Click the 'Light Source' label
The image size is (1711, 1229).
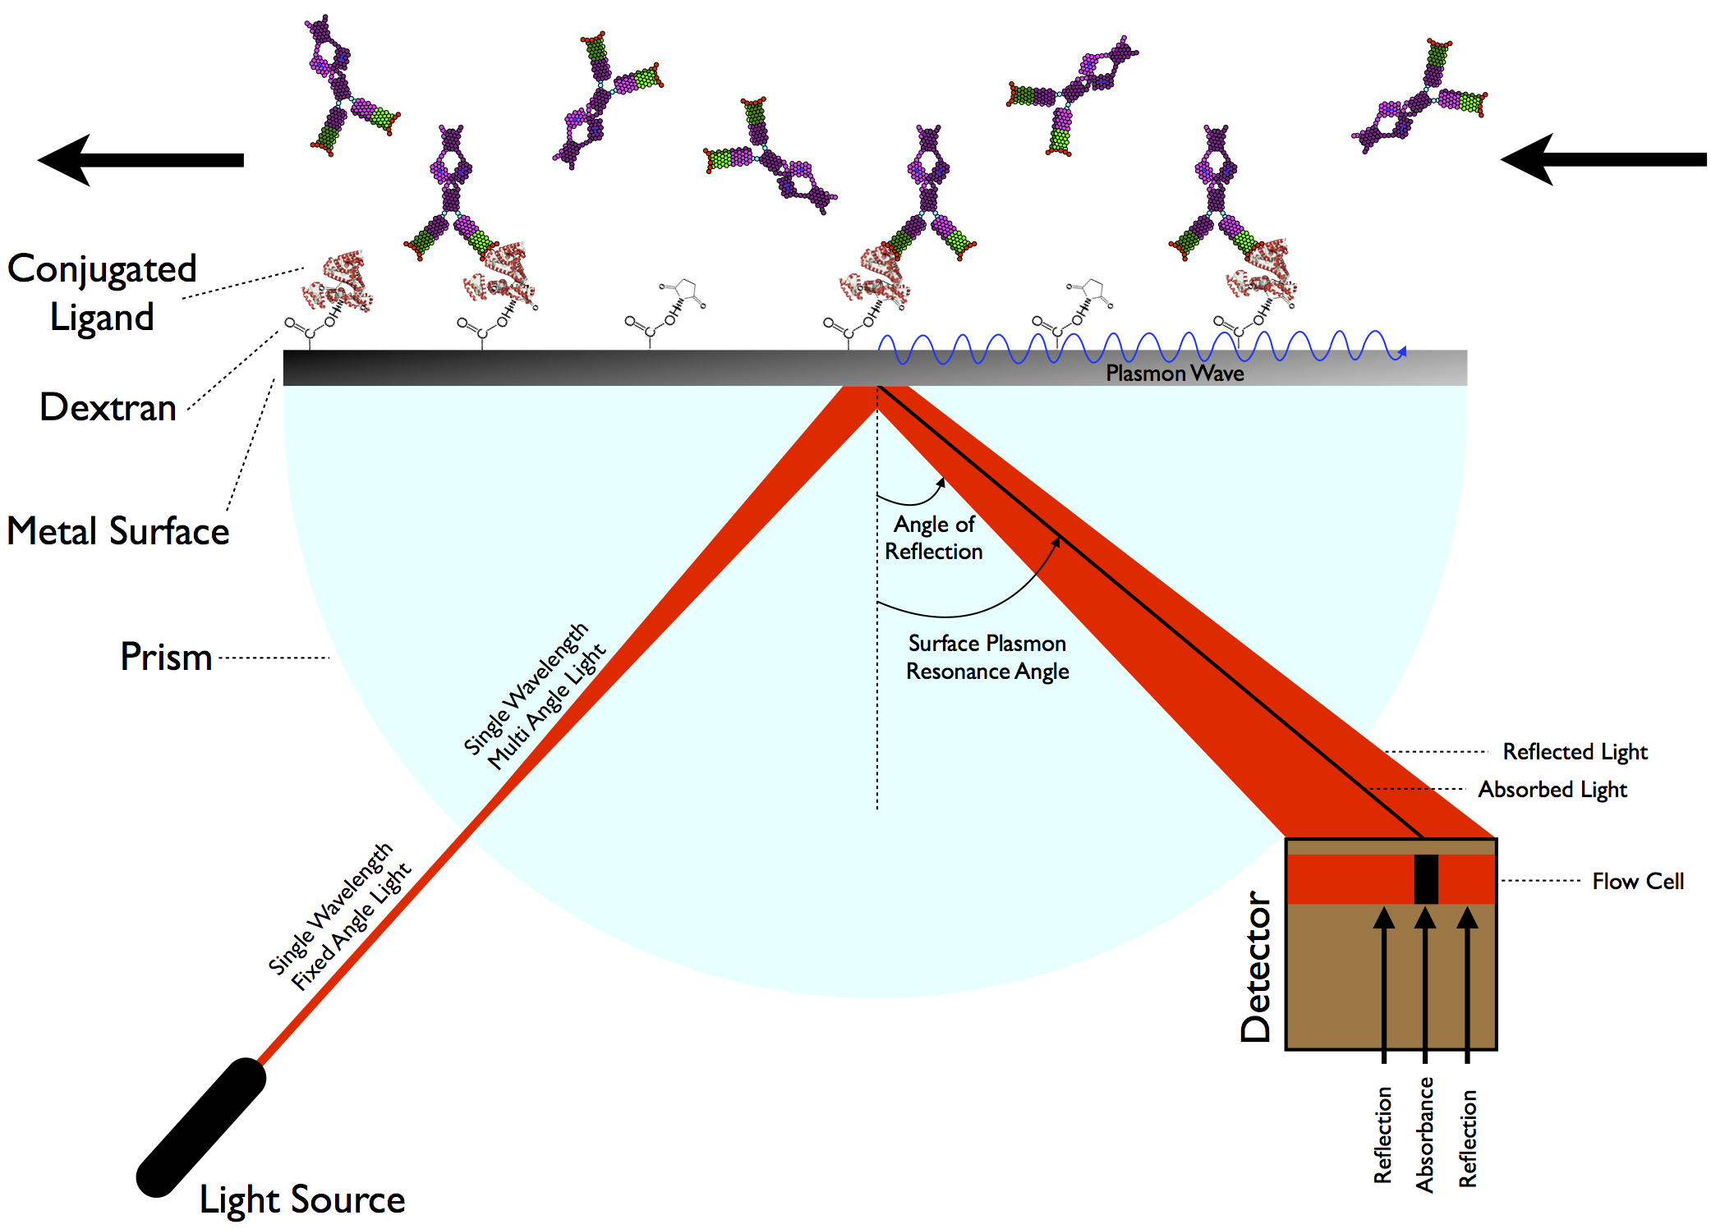pos(302,1199)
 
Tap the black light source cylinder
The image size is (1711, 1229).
pos(201,1126)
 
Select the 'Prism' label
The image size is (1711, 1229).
pos(166,657)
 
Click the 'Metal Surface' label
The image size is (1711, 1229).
pos(118,531)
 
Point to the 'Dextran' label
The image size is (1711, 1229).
pos(108,407)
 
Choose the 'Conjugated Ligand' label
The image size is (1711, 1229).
pos(102,293)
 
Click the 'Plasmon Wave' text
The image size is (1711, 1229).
pos(1174,374)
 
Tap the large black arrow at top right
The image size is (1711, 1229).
pos(1602,159)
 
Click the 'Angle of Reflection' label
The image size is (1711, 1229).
pos(934,538)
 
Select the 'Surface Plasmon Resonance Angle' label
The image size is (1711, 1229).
pos(987,658)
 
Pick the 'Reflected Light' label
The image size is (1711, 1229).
pos(1575,752)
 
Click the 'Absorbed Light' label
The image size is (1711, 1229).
pos(1552,790)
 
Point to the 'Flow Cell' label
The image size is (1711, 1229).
pos(1638,882)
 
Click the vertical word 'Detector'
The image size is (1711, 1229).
pos(1256,966)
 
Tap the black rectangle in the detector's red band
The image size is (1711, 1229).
pos(1426,879)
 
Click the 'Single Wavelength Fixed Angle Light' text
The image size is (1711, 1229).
pos(339,917)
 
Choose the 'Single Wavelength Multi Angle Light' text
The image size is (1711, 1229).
pos(534,697)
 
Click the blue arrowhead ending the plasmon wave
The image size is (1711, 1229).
pos(1402,352)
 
